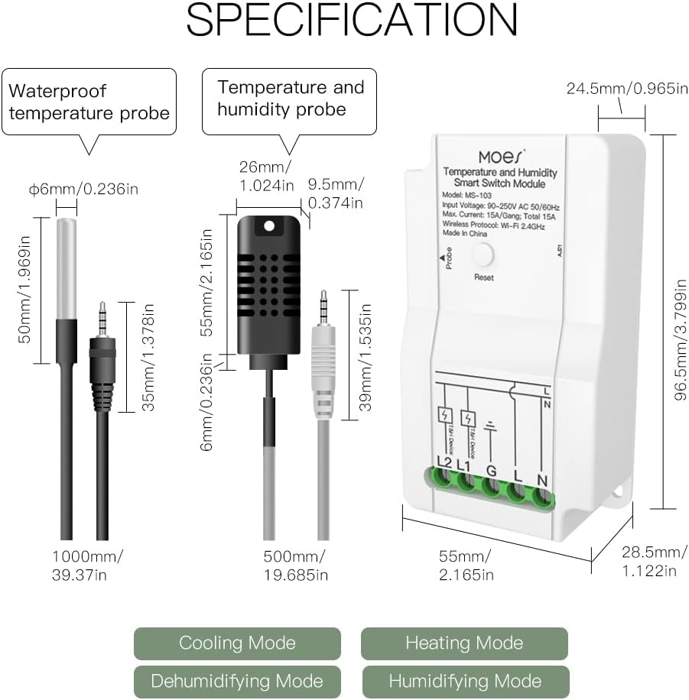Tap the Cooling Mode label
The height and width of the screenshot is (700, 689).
tap(237, 643)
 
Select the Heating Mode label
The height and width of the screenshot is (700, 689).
tap(464, 643)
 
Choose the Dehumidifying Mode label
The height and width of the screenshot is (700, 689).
tap(237, 681)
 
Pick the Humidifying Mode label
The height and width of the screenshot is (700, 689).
tap(465, 681)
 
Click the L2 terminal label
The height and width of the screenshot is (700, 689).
tap(444, 462)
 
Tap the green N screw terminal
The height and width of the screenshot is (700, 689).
tap(542, 482)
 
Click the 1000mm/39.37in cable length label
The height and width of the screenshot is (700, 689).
tap(86, 564)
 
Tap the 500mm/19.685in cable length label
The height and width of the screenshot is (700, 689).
tap(295, 564)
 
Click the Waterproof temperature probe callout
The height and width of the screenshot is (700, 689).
tap(89, 102)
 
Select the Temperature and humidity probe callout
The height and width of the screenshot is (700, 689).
tap(290, 99)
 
